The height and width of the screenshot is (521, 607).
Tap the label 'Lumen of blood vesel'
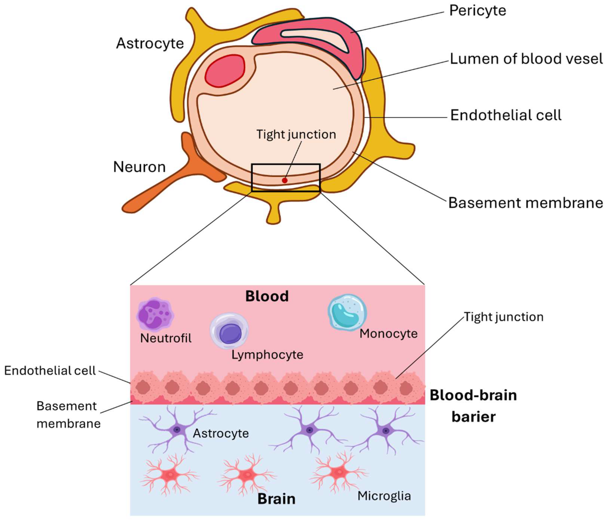(526, 59)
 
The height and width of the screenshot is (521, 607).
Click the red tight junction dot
(284, 180)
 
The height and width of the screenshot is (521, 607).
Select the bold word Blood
(267, 296)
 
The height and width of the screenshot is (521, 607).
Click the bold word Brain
(276, 499)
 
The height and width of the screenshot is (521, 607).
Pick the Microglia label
(384, 496)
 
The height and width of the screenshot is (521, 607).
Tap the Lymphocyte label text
(267, 355)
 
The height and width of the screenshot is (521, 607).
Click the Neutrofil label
(166, 338)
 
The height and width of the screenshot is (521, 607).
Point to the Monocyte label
(388, 334)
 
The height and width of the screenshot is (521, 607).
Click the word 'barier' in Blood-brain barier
(473, 416)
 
